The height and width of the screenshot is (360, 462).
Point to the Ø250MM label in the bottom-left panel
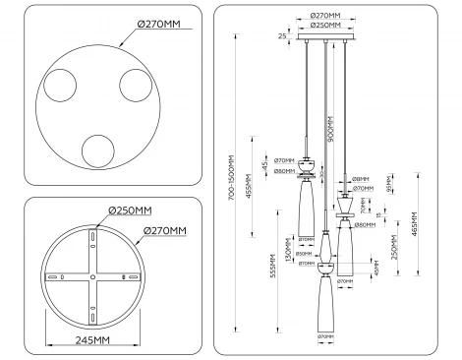(130, 210)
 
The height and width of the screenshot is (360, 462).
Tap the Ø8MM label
(360, 179)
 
